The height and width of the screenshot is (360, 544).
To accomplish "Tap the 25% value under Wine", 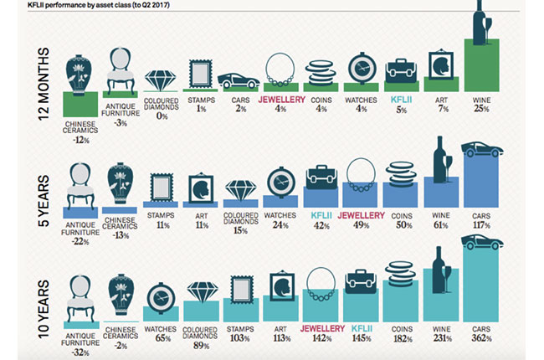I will pyautogui.click(x=482, y=107).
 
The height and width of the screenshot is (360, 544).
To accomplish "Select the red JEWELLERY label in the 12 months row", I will pyautogui.click(x=281, y=98).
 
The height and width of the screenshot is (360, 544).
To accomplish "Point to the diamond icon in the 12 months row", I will pyautogui.click(x=161, y=79).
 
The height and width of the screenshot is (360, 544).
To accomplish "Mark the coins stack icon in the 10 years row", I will pyautogui.click(x=403, y=277).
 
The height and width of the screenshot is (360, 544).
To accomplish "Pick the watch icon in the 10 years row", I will pyautogui.click(x=161, y=296).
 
